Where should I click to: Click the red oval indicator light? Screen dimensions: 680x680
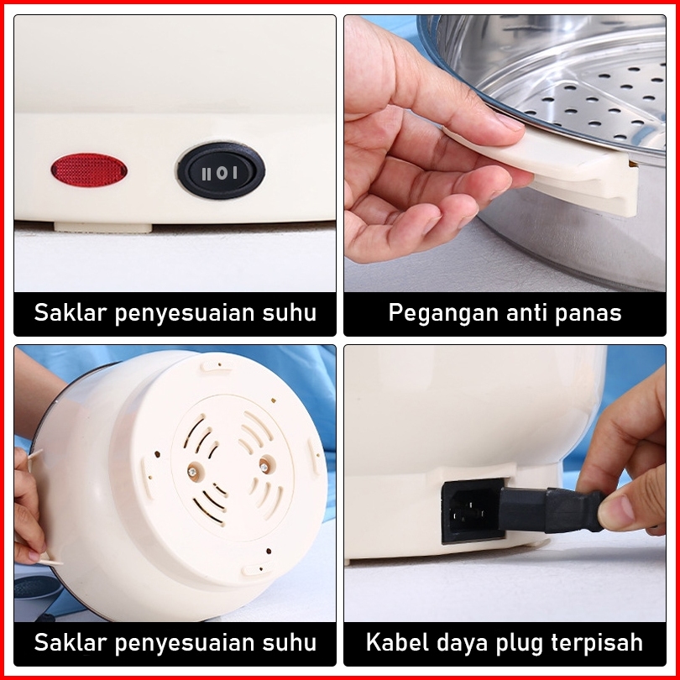(x=89, y=170)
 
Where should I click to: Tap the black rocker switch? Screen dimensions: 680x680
(x=221, y=171)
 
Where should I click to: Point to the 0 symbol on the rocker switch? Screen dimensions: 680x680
(x=222, y=174)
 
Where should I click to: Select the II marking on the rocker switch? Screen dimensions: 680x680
(x=207, y=175)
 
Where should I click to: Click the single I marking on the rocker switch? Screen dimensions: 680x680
(x=235, y=173)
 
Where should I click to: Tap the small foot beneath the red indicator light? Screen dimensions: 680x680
(x=102, y=228)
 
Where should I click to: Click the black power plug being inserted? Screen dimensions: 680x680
(x=551, y=510)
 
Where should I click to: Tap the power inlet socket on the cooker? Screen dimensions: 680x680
(x=471, y=512)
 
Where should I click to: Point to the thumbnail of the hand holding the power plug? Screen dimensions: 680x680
(x=616, y=513)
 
